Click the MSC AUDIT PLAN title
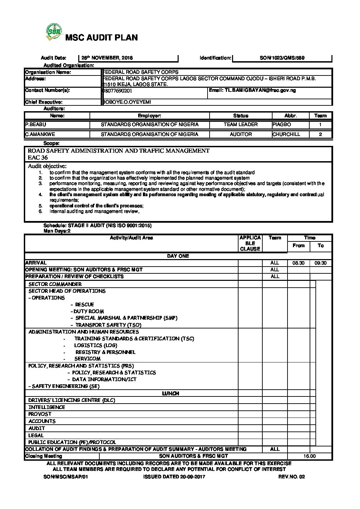click(x=101, y=38)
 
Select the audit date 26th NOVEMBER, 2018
click(x=107, y=58)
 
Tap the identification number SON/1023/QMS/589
click(x=282, y=58)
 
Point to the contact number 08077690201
click(x=117, y=91)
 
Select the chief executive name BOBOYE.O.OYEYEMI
click(x=127, y=102)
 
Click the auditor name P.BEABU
click(x=35, y=125)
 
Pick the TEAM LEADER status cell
click(x=241, y=125)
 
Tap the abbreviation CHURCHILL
click(x=286, y=134)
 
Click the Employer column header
click(x=149, y=116)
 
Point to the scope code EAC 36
click(x=38, y=157)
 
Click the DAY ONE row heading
click(x=178, y=256)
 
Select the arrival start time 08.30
click(x=298, y=263)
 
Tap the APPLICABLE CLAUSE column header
click(x=250, y=243)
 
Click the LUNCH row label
click(x=170, y=393)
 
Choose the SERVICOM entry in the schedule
click(x=87, y=359)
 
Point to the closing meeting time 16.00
click(x=309, y=456)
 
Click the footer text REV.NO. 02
click(x=292, y=477)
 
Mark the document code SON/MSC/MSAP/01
click(x=66, y=477)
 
